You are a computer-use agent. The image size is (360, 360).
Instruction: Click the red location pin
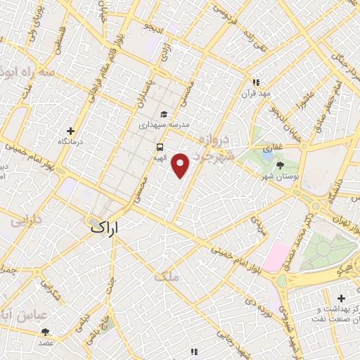(181, 165)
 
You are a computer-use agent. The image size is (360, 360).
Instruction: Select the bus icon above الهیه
(160, 148)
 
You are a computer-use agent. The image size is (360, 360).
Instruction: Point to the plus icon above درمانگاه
(70, 131)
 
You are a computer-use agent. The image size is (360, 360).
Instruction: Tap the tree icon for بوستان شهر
(281, 165)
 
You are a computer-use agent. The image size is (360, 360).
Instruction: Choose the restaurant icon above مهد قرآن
(256, 82)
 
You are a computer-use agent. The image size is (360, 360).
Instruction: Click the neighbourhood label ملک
(171, 278)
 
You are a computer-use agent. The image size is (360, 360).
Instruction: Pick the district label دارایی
(27, 220)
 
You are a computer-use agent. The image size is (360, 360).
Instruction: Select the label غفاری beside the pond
(269, 149)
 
